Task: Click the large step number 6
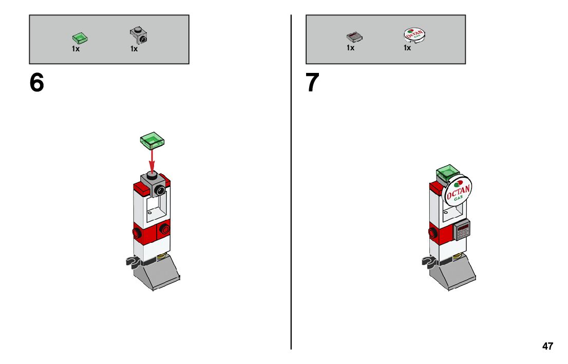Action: tap(36, 83)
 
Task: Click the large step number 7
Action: tap(312, 82)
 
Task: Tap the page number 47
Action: tap(547, 346)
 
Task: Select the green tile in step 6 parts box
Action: tap(81, 37)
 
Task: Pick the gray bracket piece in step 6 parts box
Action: tap(139, 35)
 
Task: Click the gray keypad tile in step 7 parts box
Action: tap(355, 36)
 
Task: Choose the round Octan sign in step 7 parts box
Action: tap(414, 35)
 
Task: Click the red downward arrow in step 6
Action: tap(152, 162)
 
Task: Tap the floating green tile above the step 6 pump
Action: tap(152, 141)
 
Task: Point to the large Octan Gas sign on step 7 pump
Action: tap(457, 191)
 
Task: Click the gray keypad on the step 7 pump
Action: tap(462, 229)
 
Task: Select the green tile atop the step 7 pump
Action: tap(448, 173)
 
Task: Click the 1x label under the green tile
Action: tap(75, 49)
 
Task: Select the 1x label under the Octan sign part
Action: tap(408, 48)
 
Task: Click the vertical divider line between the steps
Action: tap(291, 182)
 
